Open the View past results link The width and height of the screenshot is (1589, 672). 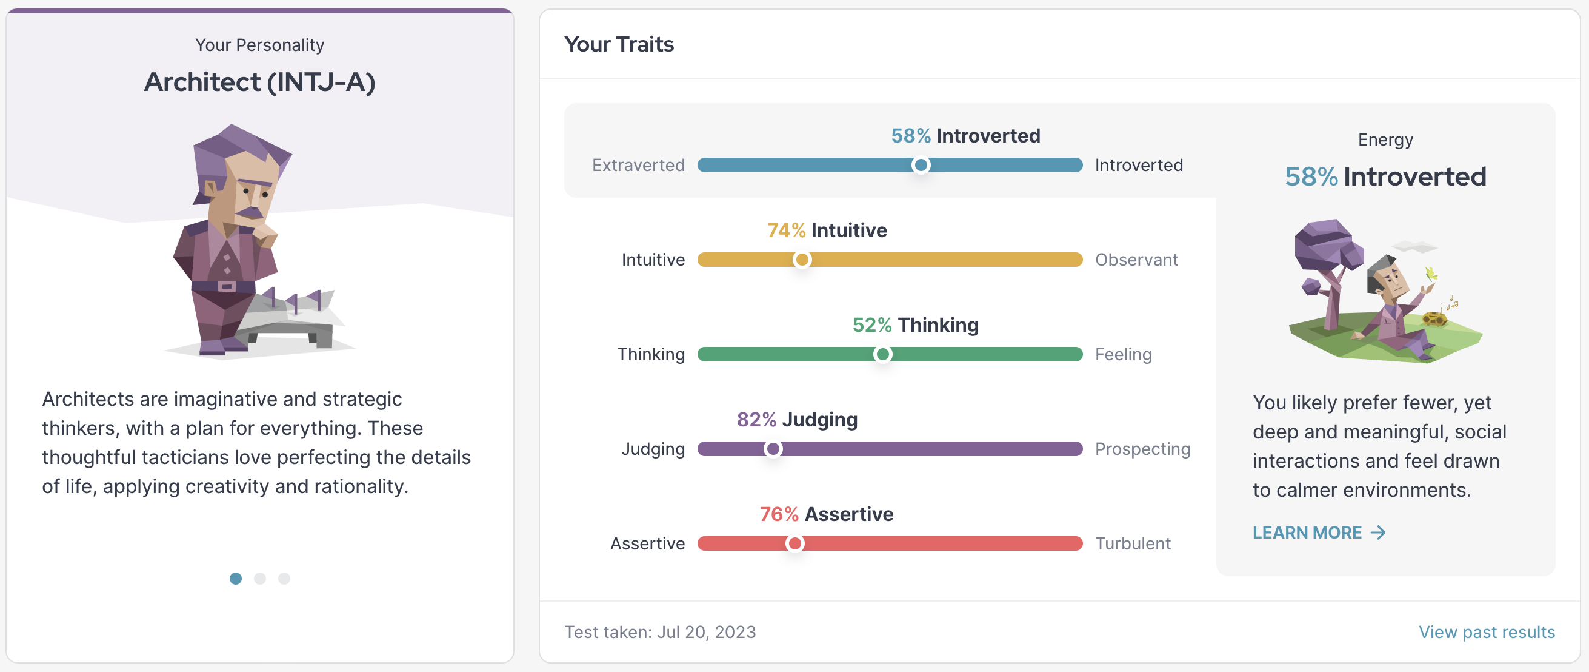click(x=1486, y=632)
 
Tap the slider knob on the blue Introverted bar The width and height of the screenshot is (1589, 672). click(x=921, y=165)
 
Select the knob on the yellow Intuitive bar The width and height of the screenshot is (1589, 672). click(x=801, y=260)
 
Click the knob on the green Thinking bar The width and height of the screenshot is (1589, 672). click(x=882, y=354)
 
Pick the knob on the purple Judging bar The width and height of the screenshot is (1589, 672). click(x=772, y=449)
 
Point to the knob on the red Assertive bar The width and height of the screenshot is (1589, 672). click(x=794, y=543)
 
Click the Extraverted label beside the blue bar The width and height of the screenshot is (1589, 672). click(x=638, y=165)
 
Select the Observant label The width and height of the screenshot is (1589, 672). click(x=1136, y=260)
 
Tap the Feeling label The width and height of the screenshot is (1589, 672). click(x=1122, y=354)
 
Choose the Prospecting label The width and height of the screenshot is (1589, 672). click(x=1142, y=449)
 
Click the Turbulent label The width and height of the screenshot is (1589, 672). click(x=1132, y=543)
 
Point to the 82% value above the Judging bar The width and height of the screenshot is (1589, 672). click(x=756, y=420)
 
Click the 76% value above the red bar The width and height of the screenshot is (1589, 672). click(x=779, y=514)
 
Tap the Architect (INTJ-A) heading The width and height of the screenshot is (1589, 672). click(x=260, y=82)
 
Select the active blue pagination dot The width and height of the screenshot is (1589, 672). click(x=236, y=578)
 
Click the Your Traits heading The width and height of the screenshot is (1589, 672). click(x=619, y=44)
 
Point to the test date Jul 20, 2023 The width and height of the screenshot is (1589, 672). click(x=705, y=632)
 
